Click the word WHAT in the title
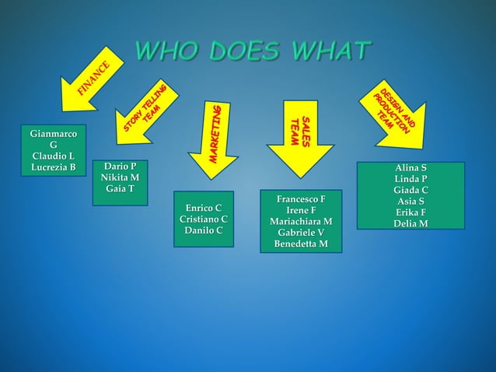point(332,51)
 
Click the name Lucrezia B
point(53,167)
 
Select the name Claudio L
point(53,156)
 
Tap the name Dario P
point(120,167)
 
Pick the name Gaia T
point(120,189)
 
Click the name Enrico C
point(203,208)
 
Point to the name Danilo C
point(203,231)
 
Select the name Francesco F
point(301,199)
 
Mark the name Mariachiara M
point(301,222)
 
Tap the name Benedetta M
point(301,244)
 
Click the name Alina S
point(410,167)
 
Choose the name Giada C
point(410,190)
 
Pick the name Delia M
point(410,224)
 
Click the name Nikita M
point(120,178)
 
